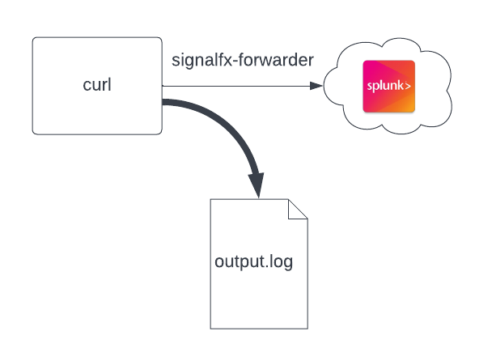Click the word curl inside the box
[x=96, y=85]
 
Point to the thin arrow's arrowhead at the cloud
[x=317, y=85]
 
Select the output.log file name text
[x=253, y=262]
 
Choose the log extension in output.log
[x=281, y=262]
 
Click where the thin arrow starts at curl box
[x=163, y=85]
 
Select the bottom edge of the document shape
[x=259, y=328]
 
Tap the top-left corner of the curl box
[x=34, y=39]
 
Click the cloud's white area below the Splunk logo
[x=389, y=121]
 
